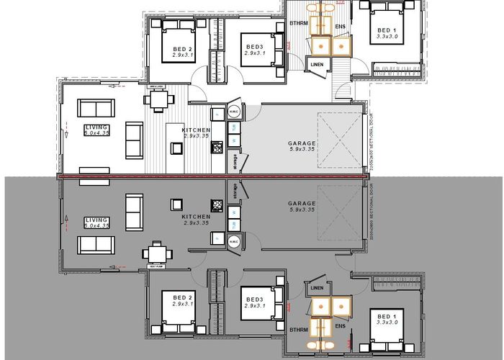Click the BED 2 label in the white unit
coord(182,49)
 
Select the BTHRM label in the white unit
coord(299,24)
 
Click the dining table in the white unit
coord(158,99)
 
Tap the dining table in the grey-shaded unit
coord(158,253)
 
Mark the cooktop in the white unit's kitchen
coord(216,148)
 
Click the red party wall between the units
coord(216,176)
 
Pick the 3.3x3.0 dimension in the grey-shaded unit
coord(387,323)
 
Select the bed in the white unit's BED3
coord(257,50)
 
